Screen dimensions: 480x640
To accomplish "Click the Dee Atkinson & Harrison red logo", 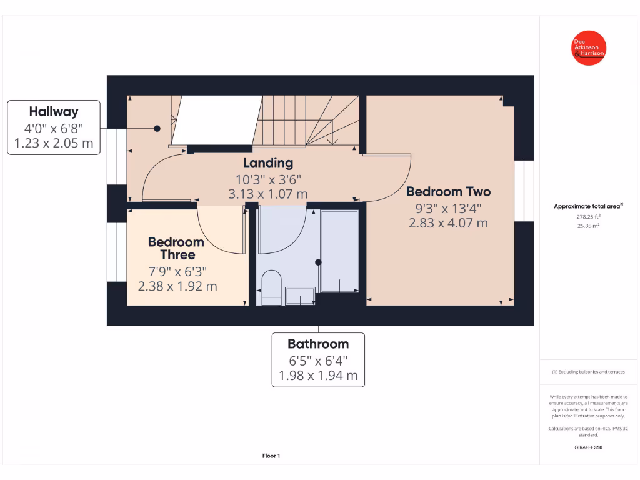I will (589, 48).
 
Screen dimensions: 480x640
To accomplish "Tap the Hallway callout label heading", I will (54, 112).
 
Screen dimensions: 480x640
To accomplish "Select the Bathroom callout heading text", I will (318, 344).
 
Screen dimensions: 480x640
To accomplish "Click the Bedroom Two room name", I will (448, 192).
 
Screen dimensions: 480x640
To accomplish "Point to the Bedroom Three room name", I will (176, 248).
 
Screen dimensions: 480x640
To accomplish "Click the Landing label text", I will (268, 163).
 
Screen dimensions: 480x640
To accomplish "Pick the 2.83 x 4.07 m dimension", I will (448, 222).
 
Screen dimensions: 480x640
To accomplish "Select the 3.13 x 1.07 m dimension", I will (268, 194).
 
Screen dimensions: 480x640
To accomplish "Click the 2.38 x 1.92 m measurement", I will (177, 286).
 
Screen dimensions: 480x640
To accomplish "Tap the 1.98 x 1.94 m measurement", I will (318, 376).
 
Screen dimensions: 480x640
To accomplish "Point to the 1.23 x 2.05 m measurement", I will (54, 144).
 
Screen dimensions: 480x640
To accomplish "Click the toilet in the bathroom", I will (271, 288).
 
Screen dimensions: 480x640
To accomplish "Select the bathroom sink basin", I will (300, 296).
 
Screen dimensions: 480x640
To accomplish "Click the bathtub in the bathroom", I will (339, 251).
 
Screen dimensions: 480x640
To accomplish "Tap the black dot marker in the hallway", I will (157, 128).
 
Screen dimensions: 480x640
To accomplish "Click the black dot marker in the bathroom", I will (318, 262).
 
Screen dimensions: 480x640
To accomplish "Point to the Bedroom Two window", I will (524, 191).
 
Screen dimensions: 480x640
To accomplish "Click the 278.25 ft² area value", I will (588, 217).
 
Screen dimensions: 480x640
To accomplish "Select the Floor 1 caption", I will (271, 456).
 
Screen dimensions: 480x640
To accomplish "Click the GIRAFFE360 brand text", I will (588, 447).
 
